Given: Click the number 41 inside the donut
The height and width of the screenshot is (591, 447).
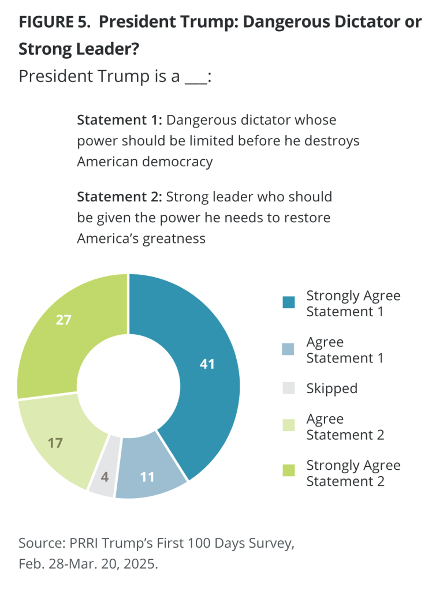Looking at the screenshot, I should [x=207, y=364].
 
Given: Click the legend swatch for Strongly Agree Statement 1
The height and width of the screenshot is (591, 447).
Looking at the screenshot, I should [x=288, y=303].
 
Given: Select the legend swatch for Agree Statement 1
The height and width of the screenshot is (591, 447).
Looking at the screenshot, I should [x=288, y=349].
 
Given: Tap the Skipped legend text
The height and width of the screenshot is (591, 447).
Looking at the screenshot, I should [x=331, y=388].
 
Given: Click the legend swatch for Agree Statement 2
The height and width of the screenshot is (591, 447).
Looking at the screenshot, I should [x=288, y=426].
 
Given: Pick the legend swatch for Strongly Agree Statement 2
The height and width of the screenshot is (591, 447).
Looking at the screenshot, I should [x=288, y=472].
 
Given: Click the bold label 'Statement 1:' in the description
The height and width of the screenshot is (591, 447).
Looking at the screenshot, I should [x=120, y=121].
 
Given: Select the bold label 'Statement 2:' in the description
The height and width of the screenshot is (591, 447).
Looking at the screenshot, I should [x=120, y=197].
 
